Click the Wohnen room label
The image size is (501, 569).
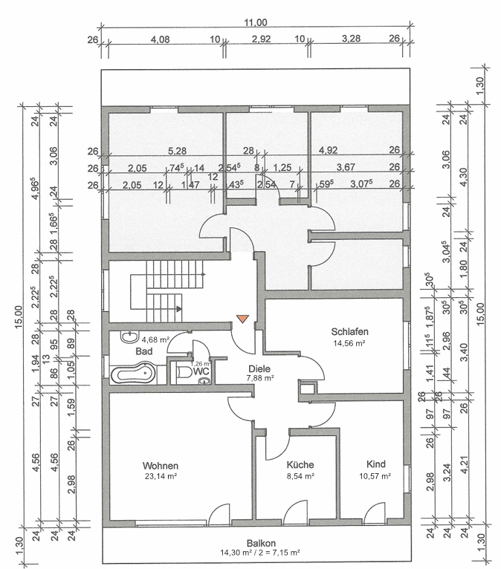click(x=161, y=466)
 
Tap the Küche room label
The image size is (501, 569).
click(x=300, y=465)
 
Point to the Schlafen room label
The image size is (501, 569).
click(x=350, y=332)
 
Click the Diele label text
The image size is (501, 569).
click(x=259, y=368)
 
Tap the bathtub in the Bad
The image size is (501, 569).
click(x=132, y=373)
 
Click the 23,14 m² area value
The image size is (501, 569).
click(x=161, y=477)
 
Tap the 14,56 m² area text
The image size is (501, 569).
click(x=350, y=343)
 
